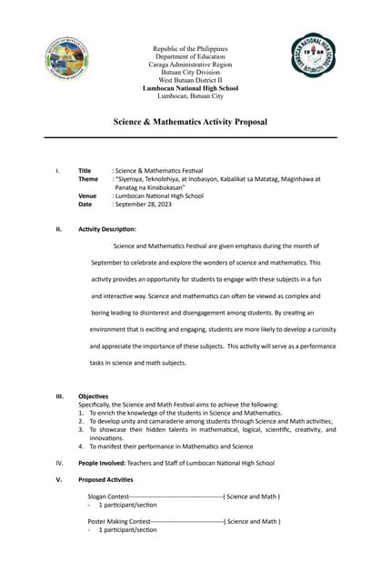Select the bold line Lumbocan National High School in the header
[x=190, y=88]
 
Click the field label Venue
[x=87, y=196]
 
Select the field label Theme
[x=88, y=179]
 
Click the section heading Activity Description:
[x=107, y=229]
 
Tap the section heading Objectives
[x=93, y=396]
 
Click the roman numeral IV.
[x=59, y=463]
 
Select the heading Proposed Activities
[x=105, y=479]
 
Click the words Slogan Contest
[x=108, y=497]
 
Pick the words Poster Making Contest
[x=118, y=521]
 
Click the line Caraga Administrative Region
[x=190, y=65]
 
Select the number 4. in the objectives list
[x=81, y=447]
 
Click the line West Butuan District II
[x=190, y=80]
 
